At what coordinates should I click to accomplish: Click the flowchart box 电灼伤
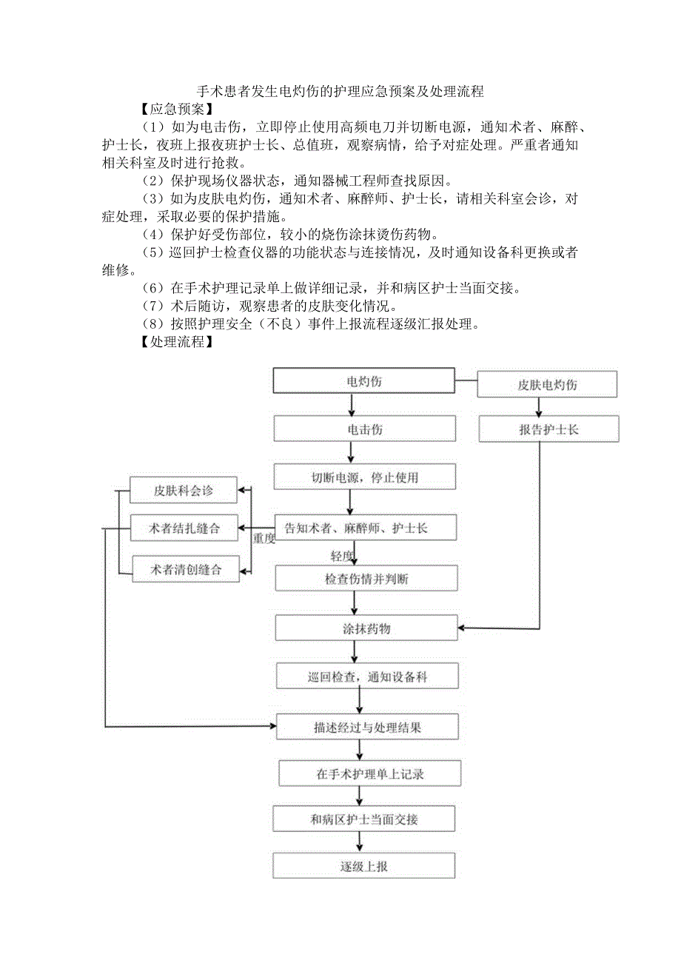coord(364,381)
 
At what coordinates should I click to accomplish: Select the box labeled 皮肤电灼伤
coord(548,385)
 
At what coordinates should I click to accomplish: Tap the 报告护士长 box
coord(549,429)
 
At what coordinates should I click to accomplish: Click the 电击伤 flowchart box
coord(365,429)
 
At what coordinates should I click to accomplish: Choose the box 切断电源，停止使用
coord(365,477)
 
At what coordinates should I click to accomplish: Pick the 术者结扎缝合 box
coord(184,529)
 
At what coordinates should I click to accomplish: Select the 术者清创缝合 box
coord(186,569)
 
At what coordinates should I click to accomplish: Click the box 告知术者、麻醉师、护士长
coord(366,528)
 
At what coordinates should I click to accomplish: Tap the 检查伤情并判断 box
coord(366,579)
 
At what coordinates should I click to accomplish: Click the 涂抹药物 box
coord(366,628)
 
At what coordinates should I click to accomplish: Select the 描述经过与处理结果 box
coord(368,727)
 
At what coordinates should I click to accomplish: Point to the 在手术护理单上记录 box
coord(369,774)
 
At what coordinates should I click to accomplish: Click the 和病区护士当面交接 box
coord(364,819)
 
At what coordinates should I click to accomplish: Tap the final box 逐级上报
coord(363,866)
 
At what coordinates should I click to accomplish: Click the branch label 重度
coord(264,539)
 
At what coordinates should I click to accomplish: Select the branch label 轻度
coord(343,555)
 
